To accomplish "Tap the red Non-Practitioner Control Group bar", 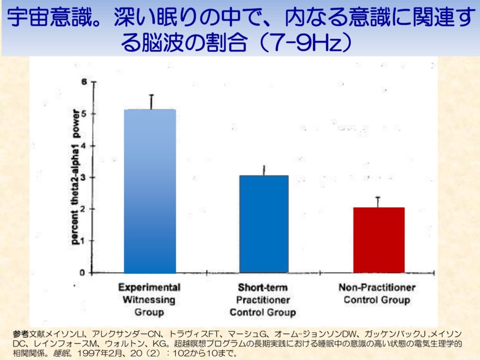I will click(379, 240).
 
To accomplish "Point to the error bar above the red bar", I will click(378, 202).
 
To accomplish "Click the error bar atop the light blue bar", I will click(151, 102).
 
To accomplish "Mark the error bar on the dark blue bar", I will click(264, 170).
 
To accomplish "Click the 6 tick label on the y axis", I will click(84, 82).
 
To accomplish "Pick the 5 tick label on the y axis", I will click(84, 114).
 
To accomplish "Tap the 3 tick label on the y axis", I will click(84, 178).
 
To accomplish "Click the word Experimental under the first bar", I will click(149, 287).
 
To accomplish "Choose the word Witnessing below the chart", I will click(149, 300).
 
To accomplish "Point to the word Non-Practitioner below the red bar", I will click(377, 287).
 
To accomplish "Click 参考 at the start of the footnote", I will click(21, 334).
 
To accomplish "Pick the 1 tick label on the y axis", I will click(84, 241).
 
